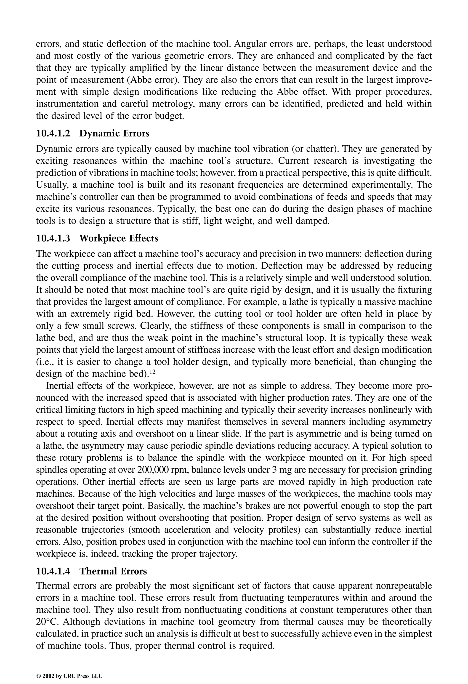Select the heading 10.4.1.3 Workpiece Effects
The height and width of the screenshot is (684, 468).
tap(97, 238)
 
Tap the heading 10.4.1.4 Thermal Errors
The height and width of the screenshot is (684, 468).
tap(91, 571)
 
